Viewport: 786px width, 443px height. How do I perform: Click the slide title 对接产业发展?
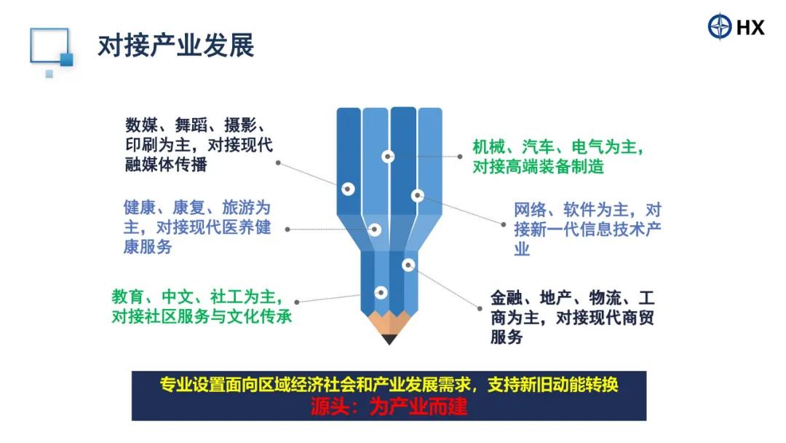(x=176, y=46)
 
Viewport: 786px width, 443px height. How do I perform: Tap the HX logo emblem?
(x=720, y=26)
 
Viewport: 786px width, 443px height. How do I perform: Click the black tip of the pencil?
(x=389, y=339)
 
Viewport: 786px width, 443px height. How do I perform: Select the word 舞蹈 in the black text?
(x=191, y=125)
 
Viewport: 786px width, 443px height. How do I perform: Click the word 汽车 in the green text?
(x=538, y=147)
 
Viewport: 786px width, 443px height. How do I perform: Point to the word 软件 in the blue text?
(x=579, y=210)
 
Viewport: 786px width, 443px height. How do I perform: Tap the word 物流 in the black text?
(x=606, y=298)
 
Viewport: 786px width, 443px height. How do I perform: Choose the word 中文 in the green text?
(x=178, y=297)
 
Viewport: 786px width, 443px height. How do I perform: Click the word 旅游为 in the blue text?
(x=246, y=208)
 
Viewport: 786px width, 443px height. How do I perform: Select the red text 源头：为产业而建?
(x=389, y=407)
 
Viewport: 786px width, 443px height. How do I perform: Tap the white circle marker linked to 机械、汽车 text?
(x=387, y=157)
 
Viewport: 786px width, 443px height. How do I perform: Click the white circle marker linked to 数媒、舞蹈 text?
(x=348, y=189)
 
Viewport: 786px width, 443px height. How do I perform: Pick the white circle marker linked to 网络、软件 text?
(x=418, y=195)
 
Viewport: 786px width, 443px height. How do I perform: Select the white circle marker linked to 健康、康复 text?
(x=375, y=230)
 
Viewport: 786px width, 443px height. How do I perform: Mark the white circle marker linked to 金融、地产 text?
(x=408, y=265)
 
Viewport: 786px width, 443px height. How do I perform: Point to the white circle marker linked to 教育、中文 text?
(x=381, y=292)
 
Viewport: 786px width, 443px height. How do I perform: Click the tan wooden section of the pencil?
(x=389, y=324)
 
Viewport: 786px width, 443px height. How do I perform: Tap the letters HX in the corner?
(x=750, y=27)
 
